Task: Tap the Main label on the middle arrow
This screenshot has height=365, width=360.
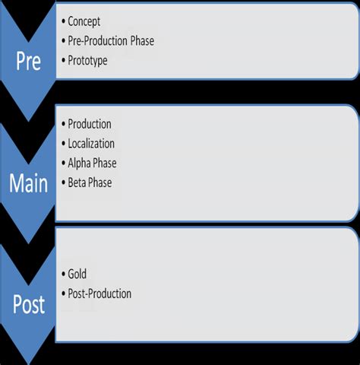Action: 28,183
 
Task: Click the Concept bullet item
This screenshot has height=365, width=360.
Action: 84,22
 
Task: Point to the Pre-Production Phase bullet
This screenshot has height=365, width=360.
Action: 111,41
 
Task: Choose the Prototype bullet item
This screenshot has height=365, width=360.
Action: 87,61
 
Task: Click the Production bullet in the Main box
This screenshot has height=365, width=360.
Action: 89,124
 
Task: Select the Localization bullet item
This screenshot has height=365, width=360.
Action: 91,143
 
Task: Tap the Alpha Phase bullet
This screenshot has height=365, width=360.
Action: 92,163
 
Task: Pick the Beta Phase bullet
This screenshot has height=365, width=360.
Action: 90,182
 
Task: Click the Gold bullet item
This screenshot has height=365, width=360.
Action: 77,274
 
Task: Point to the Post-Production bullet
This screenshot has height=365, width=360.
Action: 99,294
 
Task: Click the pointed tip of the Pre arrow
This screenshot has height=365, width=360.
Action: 28,119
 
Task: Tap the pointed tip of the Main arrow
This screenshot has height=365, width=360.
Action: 28,242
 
